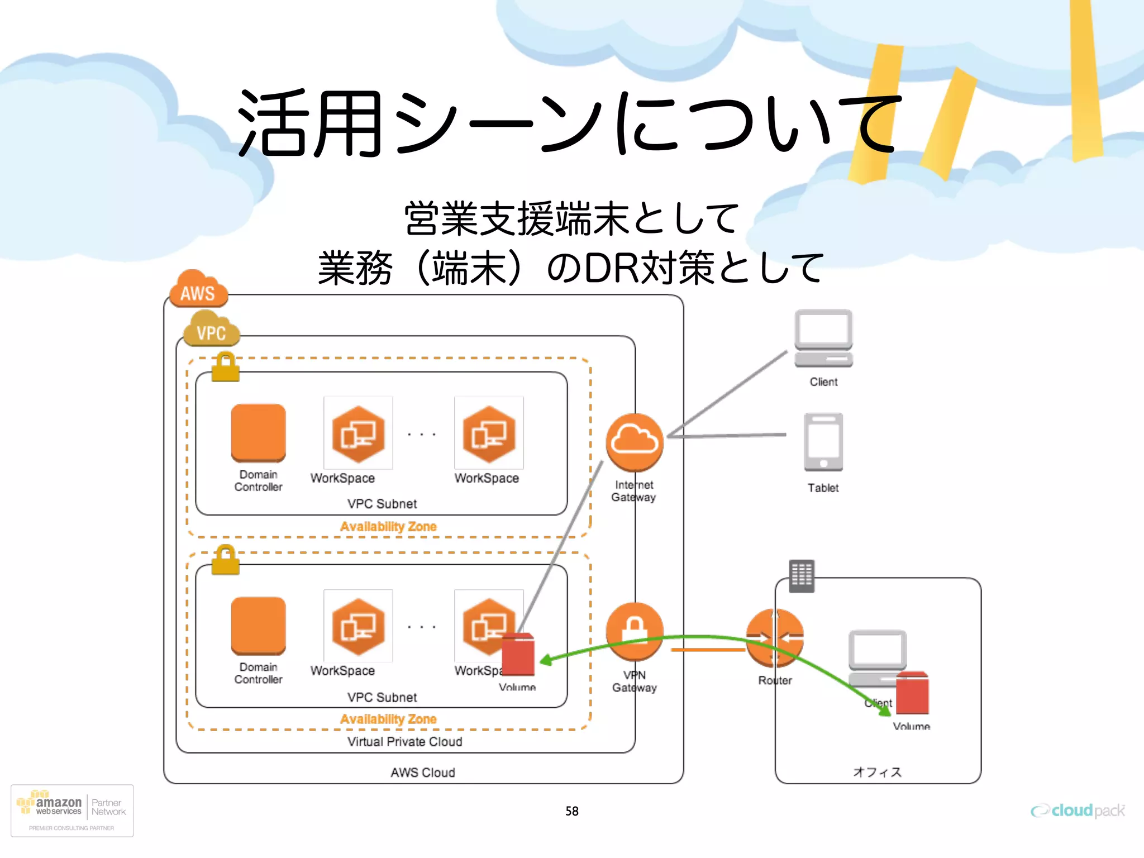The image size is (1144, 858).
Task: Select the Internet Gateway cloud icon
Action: pyautogui.click(x=635, y=442)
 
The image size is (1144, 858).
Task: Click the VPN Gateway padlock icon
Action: pyautogui.click(x=635, y=631)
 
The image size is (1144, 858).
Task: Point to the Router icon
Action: pyautogui.click(x=775, y=638)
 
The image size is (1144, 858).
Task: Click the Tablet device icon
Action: pyautogui.click(x=823, y=442)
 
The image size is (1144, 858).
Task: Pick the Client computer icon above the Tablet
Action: pyautogui.click(x=823, y=339)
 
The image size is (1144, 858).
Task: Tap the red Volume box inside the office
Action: pyautogui.click(x=913, y=693)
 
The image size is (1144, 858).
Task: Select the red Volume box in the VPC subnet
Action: pyautogui.click(x=518, y=655)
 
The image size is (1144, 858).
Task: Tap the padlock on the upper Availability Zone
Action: pyautogui.click(x=226, y=367)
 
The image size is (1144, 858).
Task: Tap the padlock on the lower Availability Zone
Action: pyautogui.click(x=226, y=560)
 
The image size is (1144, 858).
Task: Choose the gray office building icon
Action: pyautogui.click(x=802, y=576)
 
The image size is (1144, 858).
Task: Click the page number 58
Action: pyautogui.click(x=571, y=811)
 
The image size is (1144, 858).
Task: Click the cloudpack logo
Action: pyautogui.click(x=1078, y=811)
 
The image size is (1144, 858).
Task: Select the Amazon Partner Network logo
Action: pyautogui.click(x=72, y=811)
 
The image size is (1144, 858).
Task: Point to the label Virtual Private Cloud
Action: pyautogui.click(x=404, y=742)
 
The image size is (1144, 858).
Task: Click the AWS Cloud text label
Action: pyautogui.click(x=423, y=773)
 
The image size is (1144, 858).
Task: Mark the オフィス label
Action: pyautogui.click(x=877, y=772)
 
